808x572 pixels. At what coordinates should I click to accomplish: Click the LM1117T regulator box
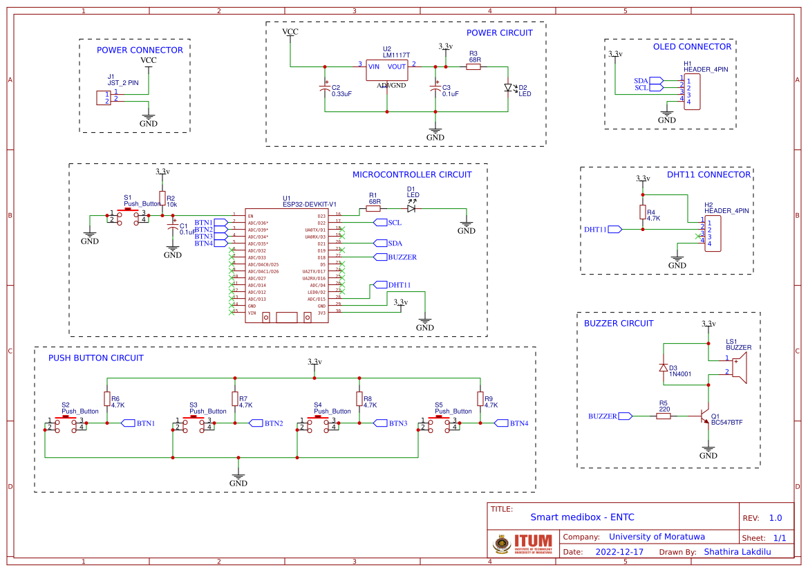pyautogui.click(x=387, y=70)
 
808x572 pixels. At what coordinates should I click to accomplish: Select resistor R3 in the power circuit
pyautogui.click(x=474, y=67)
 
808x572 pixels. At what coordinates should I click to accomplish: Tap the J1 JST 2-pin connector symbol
pyautogui.click(x=103, y=98)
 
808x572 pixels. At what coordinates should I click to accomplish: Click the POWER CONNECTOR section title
pyautogui.click(x=140, y=50)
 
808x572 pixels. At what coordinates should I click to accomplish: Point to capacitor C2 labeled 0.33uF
pyautogui.click(x=325, y=89)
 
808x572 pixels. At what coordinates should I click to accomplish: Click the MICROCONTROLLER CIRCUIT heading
pyautogui.click(x=412, y=175)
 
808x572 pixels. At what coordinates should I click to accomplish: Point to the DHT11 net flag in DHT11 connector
pyautogui.click(x=614, y=229)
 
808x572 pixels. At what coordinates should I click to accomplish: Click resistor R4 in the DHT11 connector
pyautogui.click(x=643, y=212)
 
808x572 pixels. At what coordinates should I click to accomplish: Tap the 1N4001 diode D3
pyautogui.click(x=664, y=367)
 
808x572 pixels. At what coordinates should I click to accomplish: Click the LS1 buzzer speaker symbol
pyautogui.click(x=737, y=367)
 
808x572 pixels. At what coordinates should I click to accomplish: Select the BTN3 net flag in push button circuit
pyautogui.click(x=379, y=423)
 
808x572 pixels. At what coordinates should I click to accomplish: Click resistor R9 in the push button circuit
pyautogui.click(x=480, y=398)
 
